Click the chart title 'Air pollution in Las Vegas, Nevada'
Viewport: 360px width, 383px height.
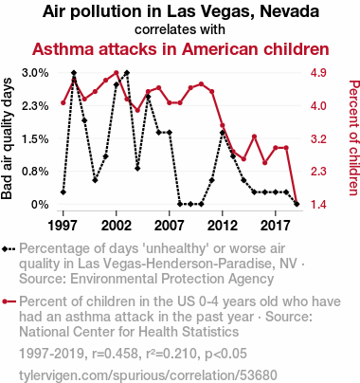point(181,11)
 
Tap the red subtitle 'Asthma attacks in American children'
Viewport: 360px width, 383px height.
point(181,49)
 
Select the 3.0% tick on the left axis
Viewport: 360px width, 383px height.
point(35,73)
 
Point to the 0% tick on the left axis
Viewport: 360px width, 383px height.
point(40,205)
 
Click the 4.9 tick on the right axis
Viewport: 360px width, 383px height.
point(318,73)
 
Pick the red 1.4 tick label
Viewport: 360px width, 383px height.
point(318,205)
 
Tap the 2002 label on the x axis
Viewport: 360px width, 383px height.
point(117,226)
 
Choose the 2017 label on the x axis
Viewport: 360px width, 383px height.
point(276,226)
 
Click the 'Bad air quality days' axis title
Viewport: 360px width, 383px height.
point(7,138)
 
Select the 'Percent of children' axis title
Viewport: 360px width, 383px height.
point(353,137)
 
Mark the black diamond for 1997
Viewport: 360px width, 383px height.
point(63,192)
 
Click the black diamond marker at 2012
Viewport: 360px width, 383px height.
point(223,133)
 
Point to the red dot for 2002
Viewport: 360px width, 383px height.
point(117,73)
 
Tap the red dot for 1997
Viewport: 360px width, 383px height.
point(63,102)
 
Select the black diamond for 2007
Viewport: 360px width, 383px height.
point(170,133)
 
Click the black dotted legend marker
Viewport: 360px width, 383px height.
point(9,249)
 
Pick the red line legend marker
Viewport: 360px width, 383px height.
point(9,301)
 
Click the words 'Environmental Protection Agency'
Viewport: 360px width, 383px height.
point(171,279)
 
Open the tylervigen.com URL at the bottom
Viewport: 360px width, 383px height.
point(148,375)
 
